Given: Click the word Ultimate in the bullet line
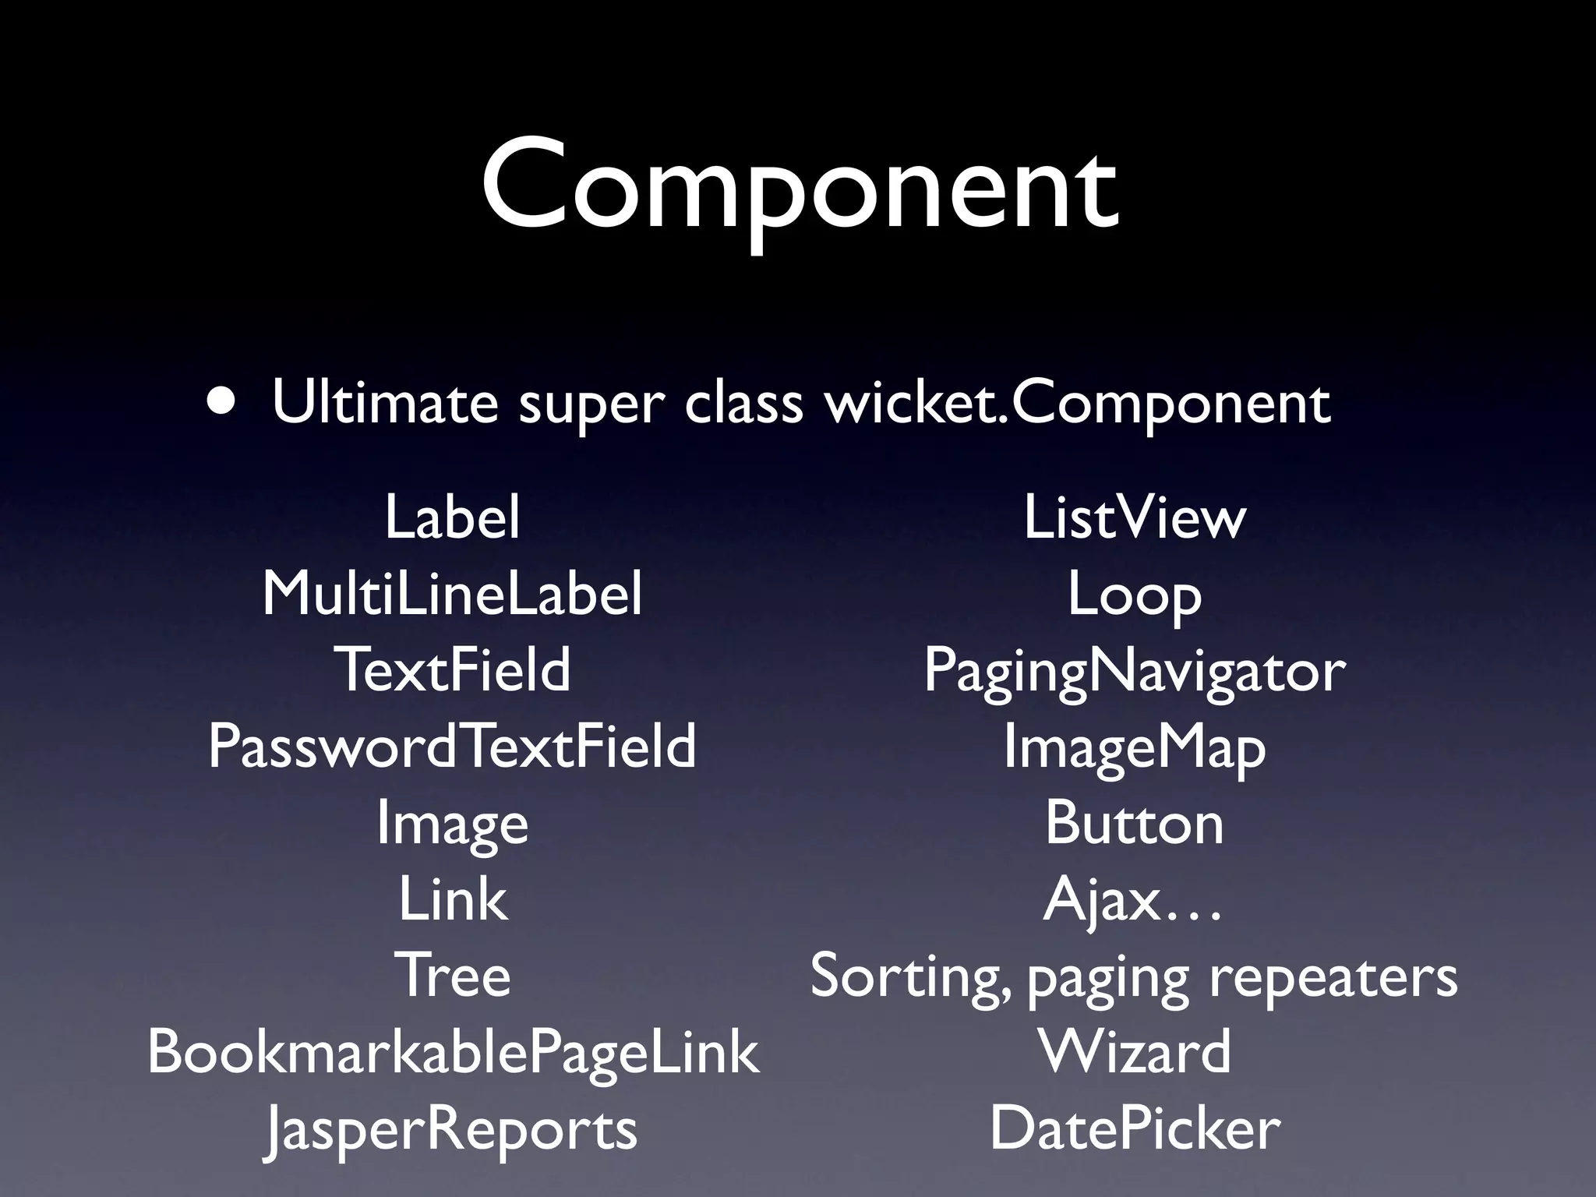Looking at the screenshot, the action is (385, 403).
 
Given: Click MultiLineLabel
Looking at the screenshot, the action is (452, 594).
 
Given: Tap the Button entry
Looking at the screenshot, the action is (1135, 823).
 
